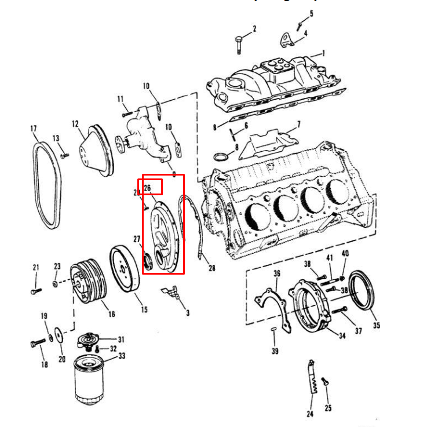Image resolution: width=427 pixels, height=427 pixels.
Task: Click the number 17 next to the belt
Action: pyautogui.click(x=34, y=128)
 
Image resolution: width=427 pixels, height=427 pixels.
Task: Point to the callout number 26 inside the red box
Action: pyautogui.click(x=147, y=188)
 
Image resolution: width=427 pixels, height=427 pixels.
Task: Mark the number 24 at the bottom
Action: pyautogui.click(x=309, y=414)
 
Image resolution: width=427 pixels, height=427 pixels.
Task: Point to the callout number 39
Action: pyautogui.click(x=275, y=351)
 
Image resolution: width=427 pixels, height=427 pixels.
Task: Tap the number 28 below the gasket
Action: pyautogui.click(x=211, y=268)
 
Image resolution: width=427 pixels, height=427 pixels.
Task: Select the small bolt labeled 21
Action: pyautogui.click(x=36, y=288)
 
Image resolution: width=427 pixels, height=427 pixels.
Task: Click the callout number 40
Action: pyautogui.click(x=345, y=253)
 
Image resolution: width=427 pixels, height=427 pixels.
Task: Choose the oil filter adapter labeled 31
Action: pyautogui.click(x=89, y=340)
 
